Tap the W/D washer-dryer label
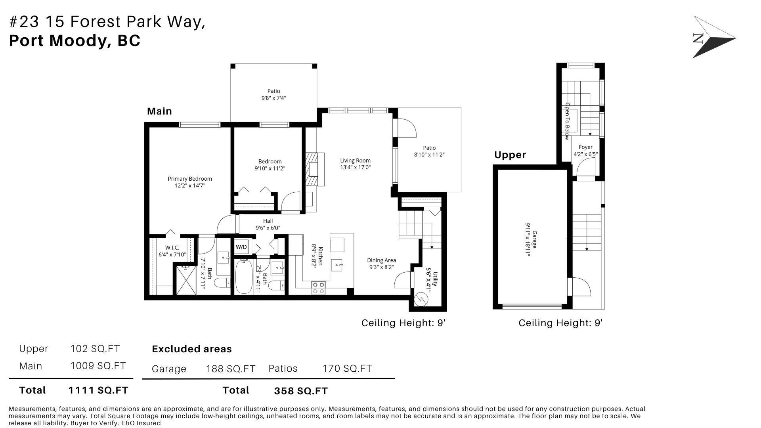click(241, 247)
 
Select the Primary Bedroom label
click(190, 179)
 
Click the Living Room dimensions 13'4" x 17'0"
click(355, 167)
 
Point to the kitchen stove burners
click(319, 288)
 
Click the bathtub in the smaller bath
click(244, 276)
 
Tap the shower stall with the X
click(186, 280)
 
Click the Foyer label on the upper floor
click(585, 147)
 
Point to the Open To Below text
click(567, 121)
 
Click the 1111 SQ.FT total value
click(98, 390)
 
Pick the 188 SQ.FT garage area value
click(231, 369)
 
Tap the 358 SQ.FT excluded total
click(301, 391)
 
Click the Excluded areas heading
click(192, 349)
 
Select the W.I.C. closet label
click(172, 248)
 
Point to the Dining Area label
click(381, 260)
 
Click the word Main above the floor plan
click(159, 111)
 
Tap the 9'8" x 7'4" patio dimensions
click(273, 98)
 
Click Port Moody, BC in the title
click(75, 41)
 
